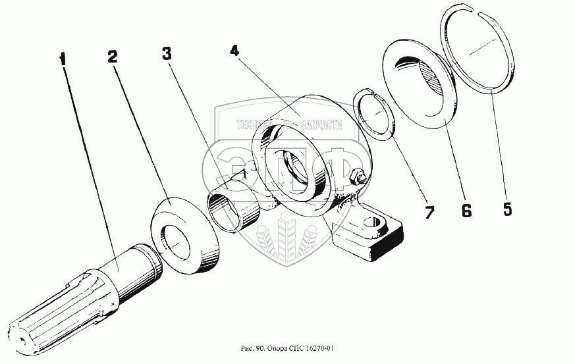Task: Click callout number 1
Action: point(63,59)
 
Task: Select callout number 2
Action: point(113,56)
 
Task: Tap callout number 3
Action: point(167,53)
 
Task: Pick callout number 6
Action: point(466,211)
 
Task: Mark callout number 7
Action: point(429,212)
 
